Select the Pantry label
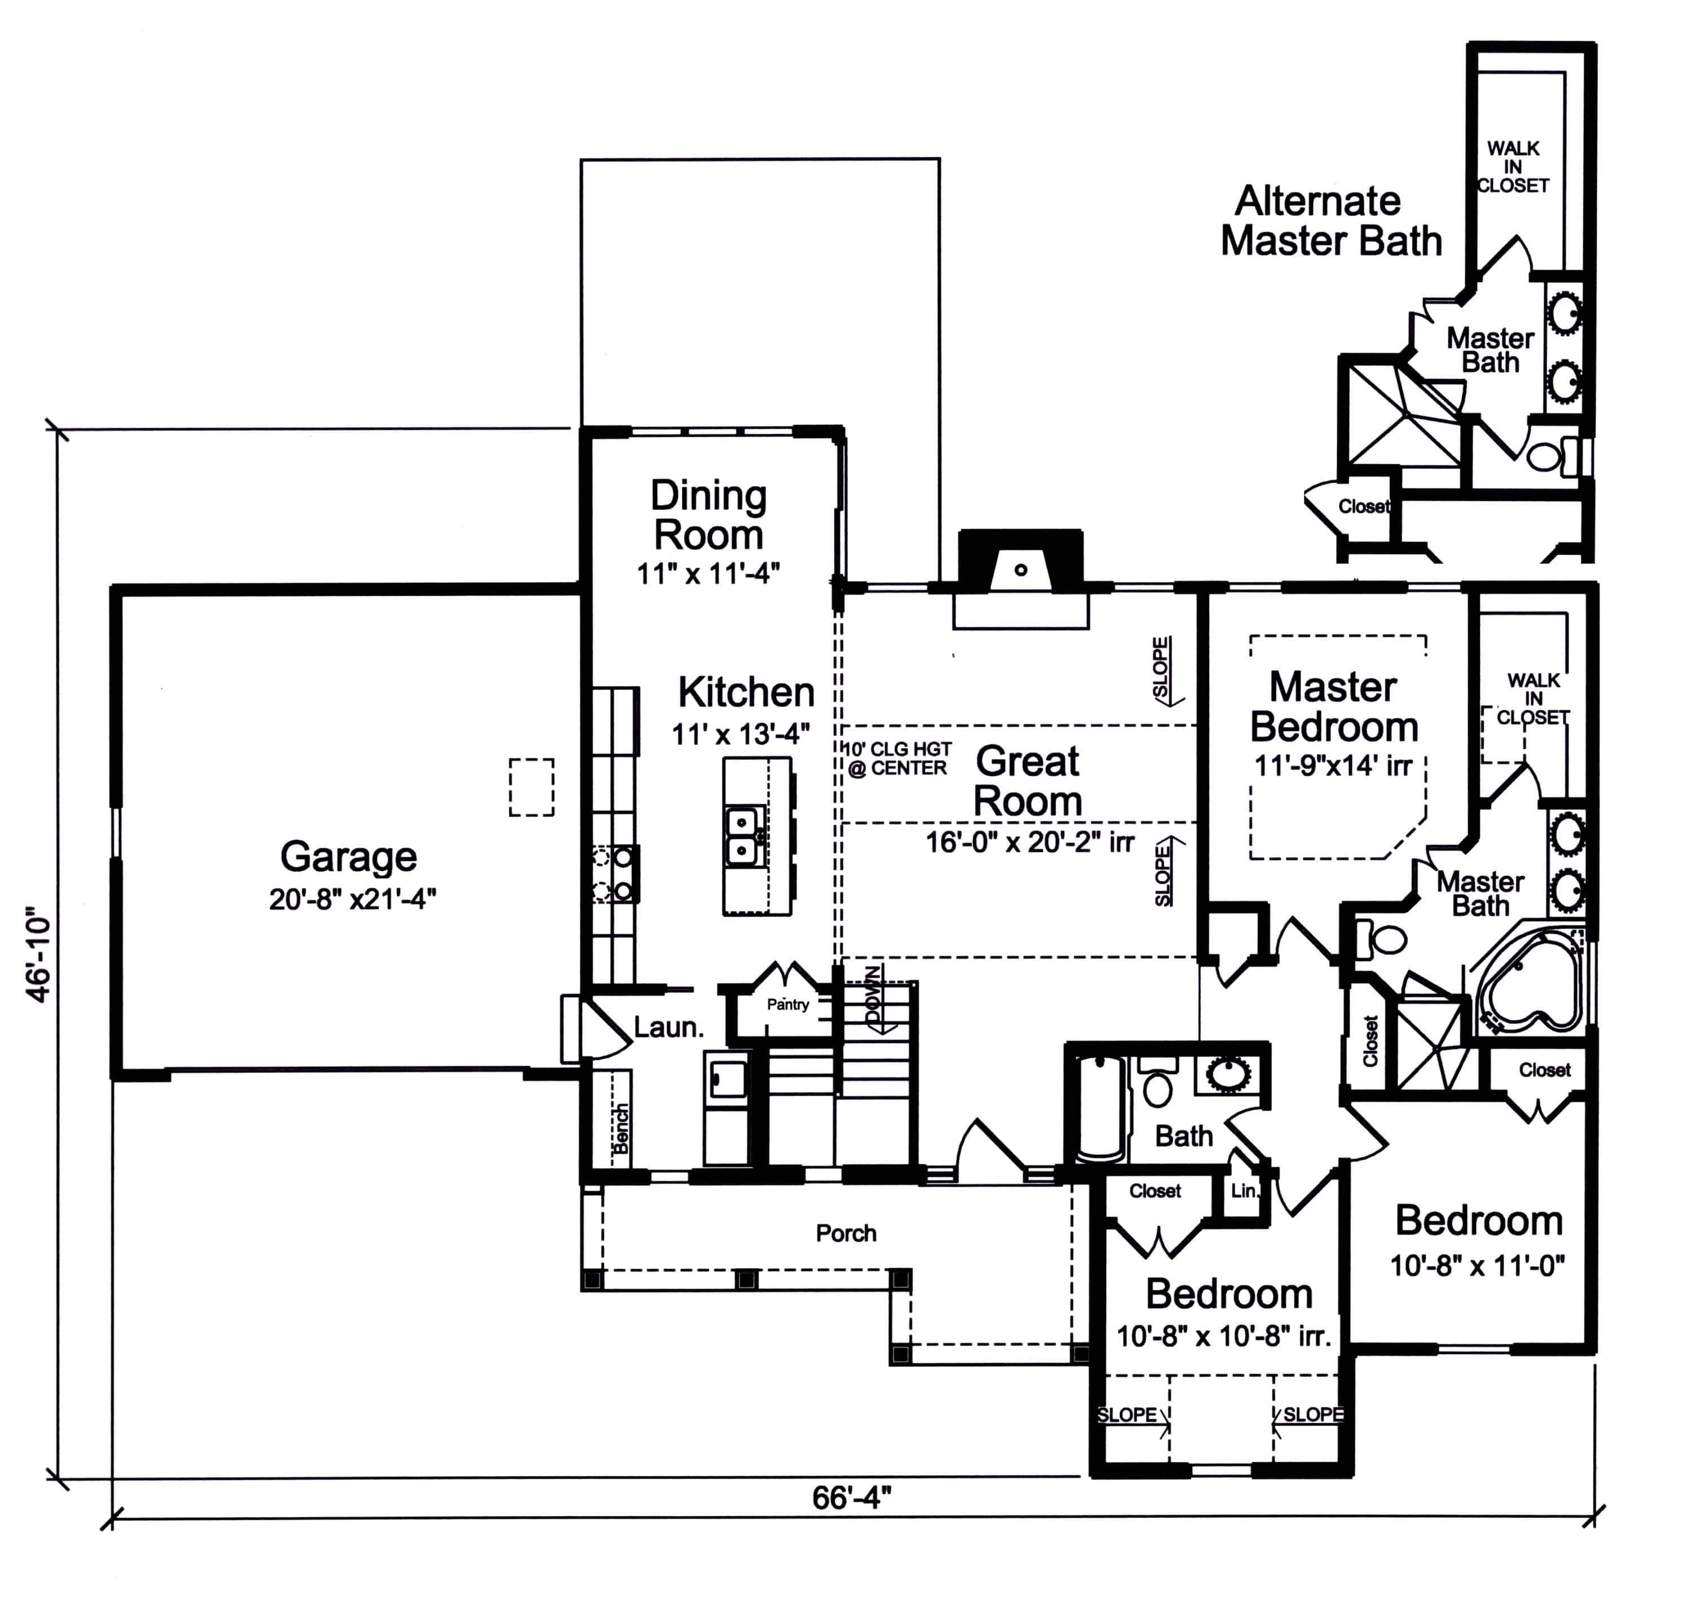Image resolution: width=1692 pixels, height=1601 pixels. click(x=787, y=1005)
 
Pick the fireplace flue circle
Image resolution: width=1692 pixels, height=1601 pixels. click(x=1020, y=570)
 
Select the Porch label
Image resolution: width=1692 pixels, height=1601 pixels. click(x=845, y=1233)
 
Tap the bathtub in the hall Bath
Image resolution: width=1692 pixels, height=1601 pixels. click(x=1101, y=1110)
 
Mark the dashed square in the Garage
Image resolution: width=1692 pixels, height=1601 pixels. click(x=532, y=787)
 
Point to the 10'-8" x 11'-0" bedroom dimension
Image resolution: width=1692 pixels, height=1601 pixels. click(x=1477, y=1265)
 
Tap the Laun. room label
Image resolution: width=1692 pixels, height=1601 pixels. click(x=668, y=1027)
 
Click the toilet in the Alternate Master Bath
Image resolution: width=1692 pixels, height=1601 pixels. click(x=1546, y=456)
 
